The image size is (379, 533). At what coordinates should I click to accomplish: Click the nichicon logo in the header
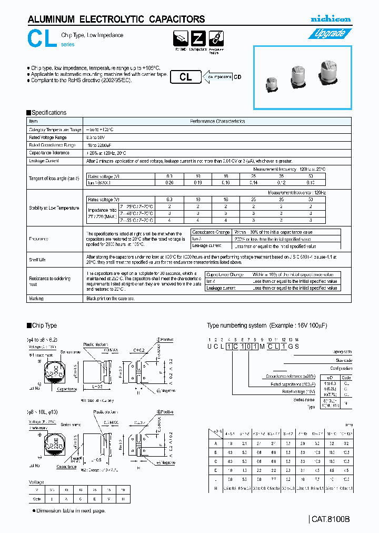(330, 19)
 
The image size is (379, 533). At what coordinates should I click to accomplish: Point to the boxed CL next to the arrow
(186, 77)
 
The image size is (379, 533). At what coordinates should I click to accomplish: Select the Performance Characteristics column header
(217, 121)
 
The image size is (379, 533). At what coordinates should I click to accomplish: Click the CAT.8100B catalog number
(330, 519)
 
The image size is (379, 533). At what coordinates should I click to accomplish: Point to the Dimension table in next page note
(71, 510)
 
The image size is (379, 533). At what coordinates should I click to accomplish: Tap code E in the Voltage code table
(94, 498)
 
